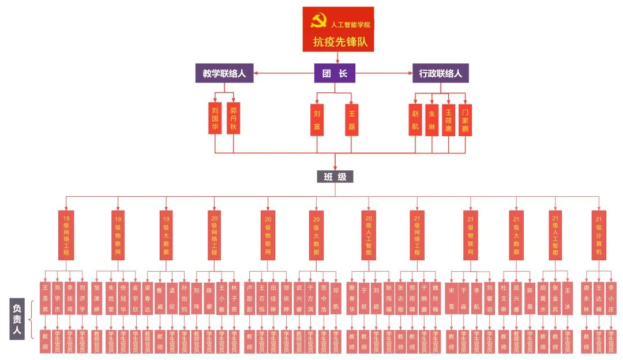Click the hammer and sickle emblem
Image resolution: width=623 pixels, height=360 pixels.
point(318,22)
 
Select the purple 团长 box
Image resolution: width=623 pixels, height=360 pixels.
point(335,73)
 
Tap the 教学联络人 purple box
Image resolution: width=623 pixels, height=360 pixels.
point(224,73)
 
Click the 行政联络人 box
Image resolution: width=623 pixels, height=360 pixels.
point(441,73)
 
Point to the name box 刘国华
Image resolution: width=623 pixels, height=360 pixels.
point(215,118)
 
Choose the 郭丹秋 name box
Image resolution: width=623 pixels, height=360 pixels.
point(233,118)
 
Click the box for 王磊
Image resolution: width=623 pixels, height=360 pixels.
point(352,120)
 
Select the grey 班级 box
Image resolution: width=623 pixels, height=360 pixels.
point(335,177)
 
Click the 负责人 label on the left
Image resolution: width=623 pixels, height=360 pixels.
point(17,318)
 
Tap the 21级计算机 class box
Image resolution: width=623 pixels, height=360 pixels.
point(599,235)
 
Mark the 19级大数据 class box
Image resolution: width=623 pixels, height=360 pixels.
point(166,235)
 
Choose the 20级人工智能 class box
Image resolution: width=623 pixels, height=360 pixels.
point(369,235)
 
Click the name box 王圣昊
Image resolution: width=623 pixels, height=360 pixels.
point(45,298)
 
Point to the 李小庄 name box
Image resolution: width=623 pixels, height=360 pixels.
point(611,298)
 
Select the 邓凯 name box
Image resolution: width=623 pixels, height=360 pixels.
point(336,298)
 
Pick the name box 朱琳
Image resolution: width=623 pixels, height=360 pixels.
point(432,120)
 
